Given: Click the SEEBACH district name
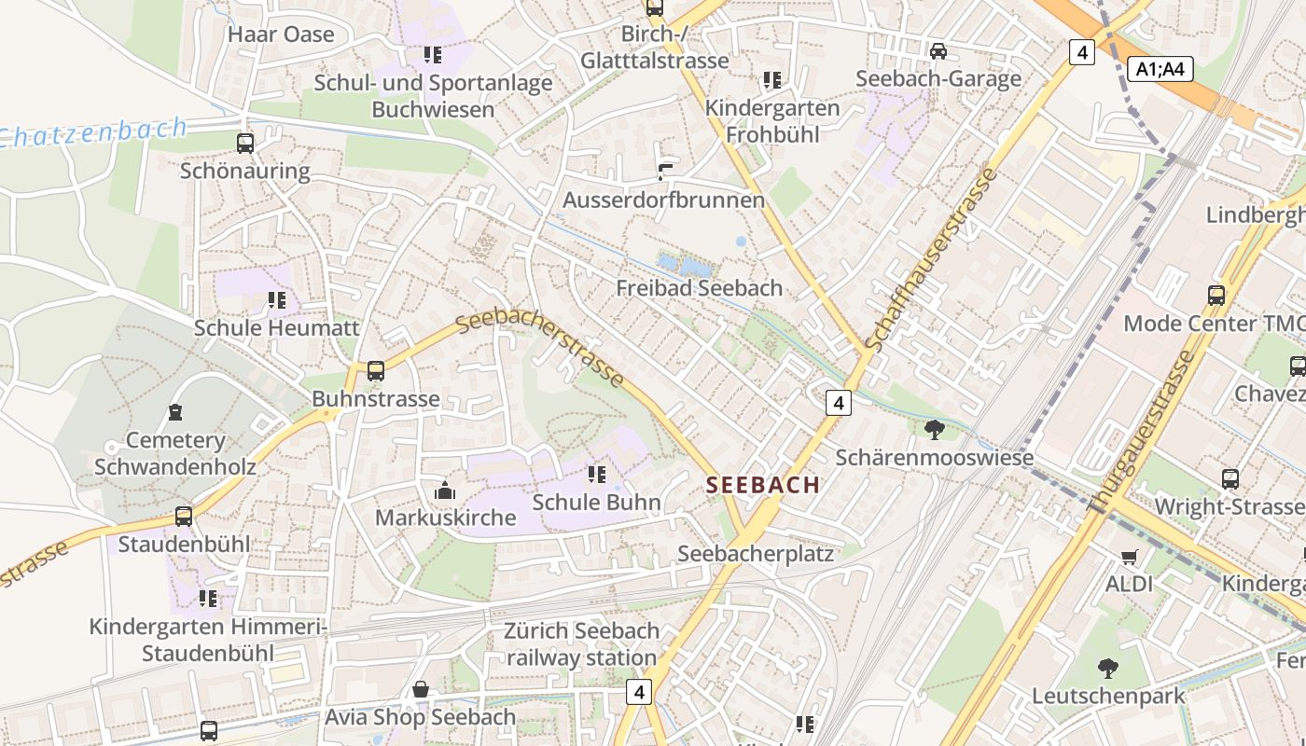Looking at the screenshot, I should click(763, 485).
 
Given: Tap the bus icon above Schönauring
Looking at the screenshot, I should click(245, 144).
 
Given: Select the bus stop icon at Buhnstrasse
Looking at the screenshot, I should click(376, 371).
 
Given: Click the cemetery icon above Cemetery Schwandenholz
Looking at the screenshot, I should click(175, 412).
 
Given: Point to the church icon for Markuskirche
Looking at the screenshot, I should click(445, 490).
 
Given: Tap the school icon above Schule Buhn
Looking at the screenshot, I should click(597, 475).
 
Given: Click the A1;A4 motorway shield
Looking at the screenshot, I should click(1160, 68).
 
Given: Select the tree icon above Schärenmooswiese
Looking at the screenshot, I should click(934, 430).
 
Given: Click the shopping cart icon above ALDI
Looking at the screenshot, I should click(1130, 557).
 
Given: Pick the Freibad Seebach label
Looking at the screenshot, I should click(699, 288).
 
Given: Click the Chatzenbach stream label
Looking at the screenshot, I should click(93, 132).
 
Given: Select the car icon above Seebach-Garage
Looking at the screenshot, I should click(938, 51).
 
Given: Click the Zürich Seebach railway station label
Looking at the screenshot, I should click(582, 644).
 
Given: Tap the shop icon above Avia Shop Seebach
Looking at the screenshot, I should click(421, 690).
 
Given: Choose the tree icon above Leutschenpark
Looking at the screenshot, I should click(1108, 668).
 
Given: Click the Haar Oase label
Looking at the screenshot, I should click(281, 35).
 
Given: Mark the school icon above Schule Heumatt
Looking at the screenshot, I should click(276, 300).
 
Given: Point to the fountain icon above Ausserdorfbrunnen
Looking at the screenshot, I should click(664, 172).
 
